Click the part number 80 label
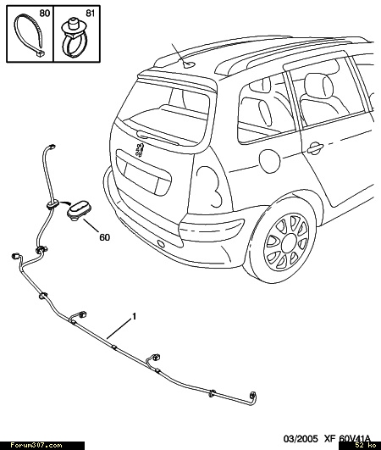point(44,14)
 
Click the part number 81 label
point(91,14)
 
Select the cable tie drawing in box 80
point(29,36)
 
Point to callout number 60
point(105,237)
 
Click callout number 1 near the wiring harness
point(134,317)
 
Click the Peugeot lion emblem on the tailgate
point(140,150)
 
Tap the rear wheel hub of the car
point(289,242)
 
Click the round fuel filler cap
point(269,161)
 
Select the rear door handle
point(315,147)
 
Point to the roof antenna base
point(189,65)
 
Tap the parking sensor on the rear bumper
point(160,244)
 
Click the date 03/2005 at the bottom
point(301,438)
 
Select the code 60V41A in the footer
point(355,438)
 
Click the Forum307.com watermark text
point(36,446)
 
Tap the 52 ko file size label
point(367,446)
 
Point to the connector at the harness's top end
point(52,147)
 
